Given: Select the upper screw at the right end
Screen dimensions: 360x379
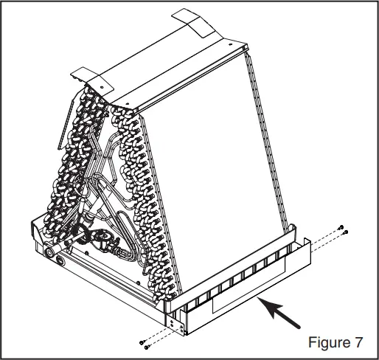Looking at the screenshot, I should tap(341, 226).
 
